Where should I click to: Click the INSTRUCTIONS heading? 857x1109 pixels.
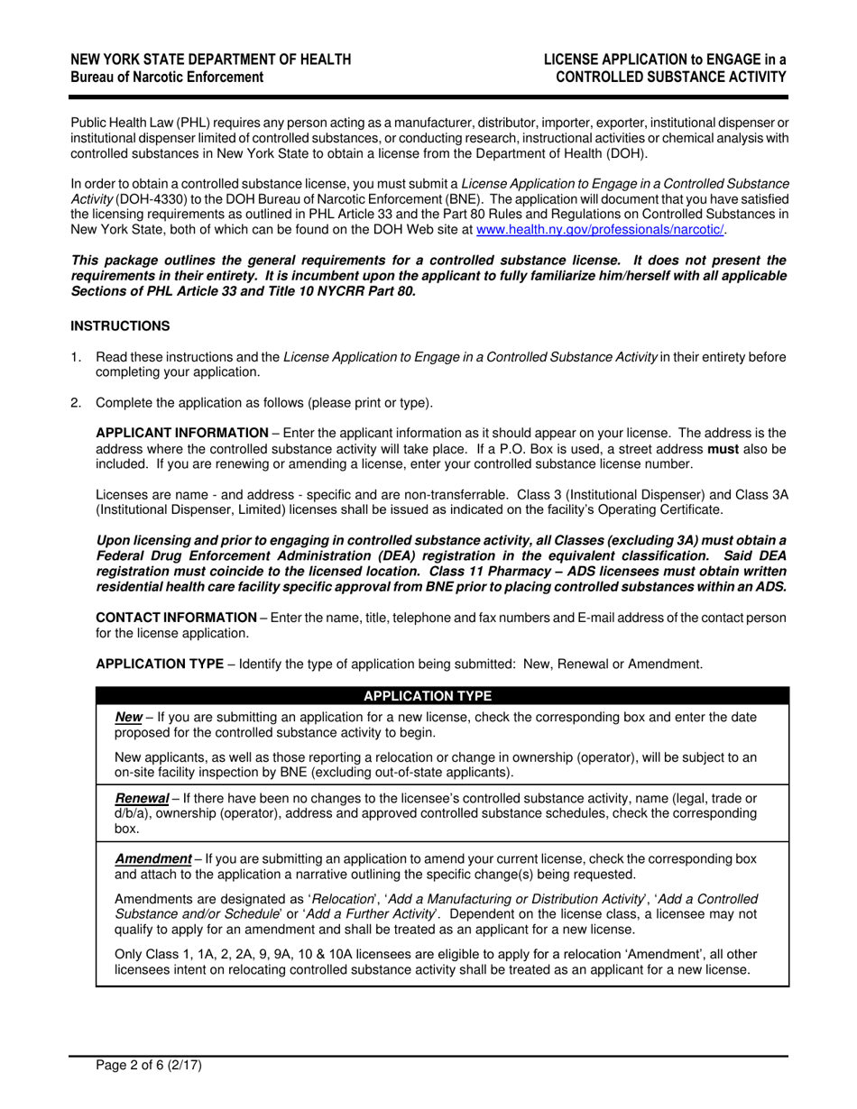click(120, 325)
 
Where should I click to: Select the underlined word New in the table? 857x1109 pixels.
click(129, 718)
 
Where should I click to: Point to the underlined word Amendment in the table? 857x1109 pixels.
click(152, 859)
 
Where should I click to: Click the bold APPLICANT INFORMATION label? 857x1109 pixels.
click(181, 433)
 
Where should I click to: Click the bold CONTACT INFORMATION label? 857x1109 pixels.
click(176, 618)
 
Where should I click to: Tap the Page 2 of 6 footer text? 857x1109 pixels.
click(150, 1065)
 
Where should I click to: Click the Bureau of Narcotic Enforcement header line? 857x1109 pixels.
click(168, 78)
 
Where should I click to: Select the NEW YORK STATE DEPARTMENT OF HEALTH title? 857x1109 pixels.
click(211, 60)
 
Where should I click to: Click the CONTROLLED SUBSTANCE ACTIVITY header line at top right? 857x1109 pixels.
click(670, 78)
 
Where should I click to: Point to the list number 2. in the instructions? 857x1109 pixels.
click(77, 402)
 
